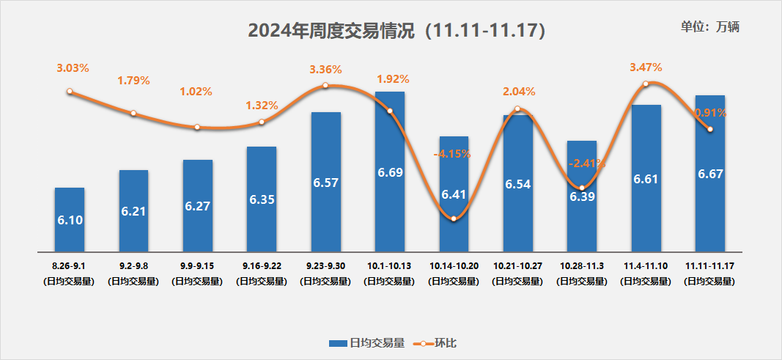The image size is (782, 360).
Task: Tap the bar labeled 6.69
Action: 389,172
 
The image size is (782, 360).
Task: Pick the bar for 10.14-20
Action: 454,194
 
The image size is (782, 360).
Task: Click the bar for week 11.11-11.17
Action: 709,173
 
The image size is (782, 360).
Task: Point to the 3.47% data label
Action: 646,67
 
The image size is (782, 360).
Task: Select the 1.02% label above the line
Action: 196,92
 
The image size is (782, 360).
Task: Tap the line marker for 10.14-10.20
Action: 454,218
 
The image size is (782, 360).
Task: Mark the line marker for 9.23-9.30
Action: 326,86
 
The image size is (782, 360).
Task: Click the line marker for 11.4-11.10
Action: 646,84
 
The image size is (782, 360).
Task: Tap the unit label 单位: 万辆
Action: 709,27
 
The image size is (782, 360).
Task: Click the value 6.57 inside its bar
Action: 325,183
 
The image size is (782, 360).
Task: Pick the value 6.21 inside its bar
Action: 133,212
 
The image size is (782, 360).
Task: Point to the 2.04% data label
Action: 519,92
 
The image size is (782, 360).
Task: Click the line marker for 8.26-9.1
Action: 70,92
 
